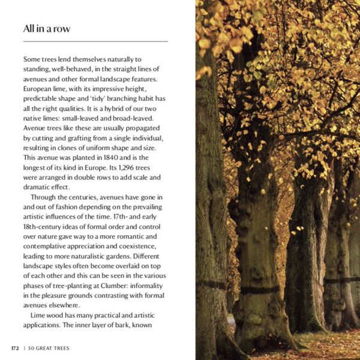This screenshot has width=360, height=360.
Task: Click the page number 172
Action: coord(14,347)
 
